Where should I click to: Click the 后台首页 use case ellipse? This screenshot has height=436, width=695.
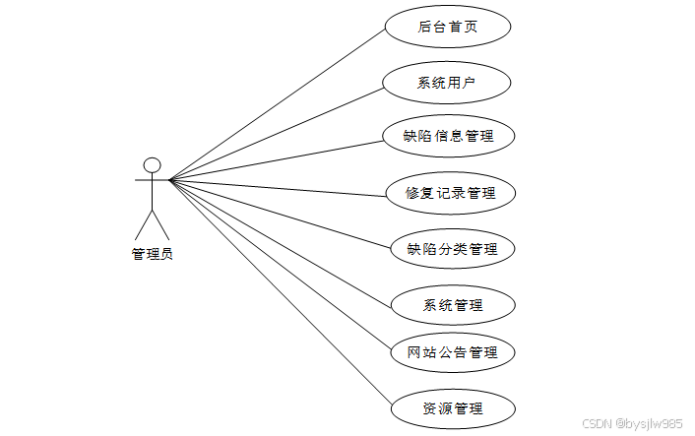click(x=448, y=28)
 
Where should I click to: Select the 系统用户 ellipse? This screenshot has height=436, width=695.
click(x=448, y=83)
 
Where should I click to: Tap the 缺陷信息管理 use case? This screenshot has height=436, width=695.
click(x=448, y=137)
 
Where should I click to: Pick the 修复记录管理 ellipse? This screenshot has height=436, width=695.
click(x=450, y=193)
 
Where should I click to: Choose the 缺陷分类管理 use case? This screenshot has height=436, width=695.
click(x=452, y=248)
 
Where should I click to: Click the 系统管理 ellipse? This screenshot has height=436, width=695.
click(x=452, y=304)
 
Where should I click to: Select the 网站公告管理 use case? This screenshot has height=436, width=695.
click(x=452, y=351)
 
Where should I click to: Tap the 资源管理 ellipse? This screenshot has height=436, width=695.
click(x=452, y=406)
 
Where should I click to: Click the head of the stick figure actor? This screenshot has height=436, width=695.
click(x=152, y=164)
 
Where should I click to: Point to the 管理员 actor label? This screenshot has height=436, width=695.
click(x=153, y=254)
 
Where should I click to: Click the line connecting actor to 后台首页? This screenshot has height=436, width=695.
click(x=278, y=103)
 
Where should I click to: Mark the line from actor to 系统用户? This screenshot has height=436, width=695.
click(x=278, y=134)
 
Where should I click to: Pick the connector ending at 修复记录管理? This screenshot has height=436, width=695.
click(x=278, y=188)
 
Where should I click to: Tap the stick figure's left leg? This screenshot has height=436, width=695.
click(x=143, y=225)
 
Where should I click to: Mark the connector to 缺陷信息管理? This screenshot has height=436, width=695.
click(x=278, y=160)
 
